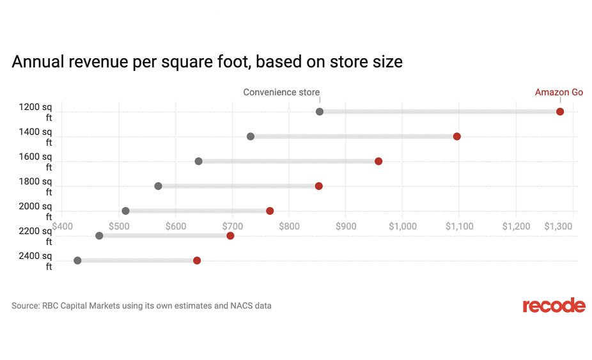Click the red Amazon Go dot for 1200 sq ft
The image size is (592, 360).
(560, 112)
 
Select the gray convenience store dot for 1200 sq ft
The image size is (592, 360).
(320, 112)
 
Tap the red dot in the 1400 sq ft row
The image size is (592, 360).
(457, 136)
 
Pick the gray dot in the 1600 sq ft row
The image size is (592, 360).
(198, 161)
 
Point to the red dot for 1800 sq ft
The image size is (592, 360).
(319, 186)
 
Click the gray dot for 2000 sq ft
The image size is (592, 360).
(125, 211)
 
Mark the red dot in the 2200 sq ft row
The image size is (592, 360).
(230, 236)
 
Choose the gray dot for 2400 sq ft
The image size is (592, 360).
(77, 260)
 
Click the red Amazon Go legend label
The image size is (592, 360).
(559, 93)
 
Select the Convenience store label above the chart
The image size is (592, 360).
(281, 93)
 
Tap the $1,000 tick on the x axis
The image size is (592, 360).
(402, 226)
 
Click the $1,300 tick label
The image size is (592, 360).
(559, 226)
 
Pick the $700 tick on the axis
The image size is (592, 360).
(232, 226)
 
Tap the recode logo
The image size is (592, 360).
(554, 306)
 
